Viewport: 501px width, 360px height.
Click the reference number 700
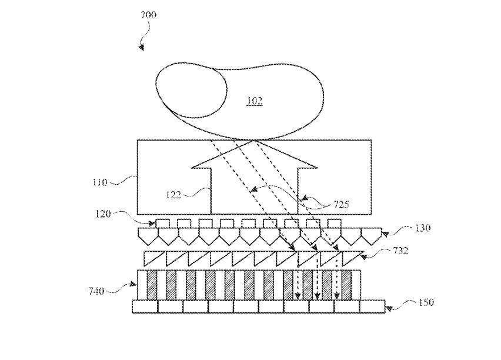(149, 15)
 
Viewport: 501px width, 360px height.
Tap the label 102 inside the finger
(254, 101)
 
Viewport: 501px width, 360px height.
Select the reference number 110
(99, 182)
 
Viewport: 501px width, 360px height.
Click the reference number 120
(103, 214)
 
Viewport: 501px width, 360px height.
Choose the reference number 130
(422, 228)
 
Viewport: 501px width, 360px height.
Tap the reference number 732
(400, 251)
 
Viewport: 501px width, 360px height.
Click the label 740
(96, 290)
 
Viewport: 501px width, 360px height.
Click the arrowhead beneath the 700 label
(141, 47)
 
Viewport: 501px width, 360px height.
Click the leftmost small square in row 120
(163, 224)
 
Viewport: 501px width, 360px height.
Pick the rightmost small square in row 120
(334, 224)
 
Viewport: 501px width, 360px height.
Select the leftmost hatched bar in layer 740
(152, 284)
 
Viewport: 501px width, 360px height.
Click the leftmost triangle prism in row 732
(155, 258)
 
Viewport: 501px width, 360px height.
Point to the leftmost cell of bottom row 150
(145, 306)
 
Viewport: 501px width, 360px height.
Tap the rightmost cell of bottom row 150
(372, 306)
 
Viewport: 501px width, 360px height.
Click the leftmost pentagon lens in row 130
(147, 236)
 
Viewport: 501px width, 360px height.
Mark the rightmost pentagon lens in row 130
(369, 236)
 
